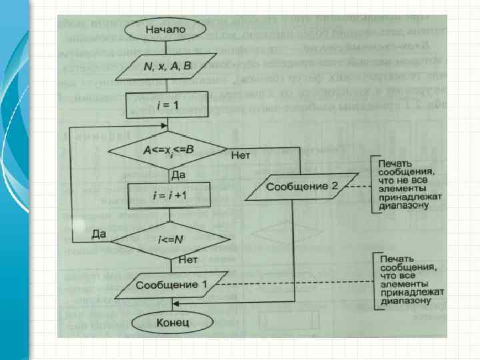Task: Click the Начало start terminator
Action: [167, 29]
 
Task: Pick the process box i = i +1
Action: [169, 196]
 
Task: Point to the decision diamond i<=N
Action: [169, 240]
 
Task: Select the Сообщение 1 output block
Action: [172, 285]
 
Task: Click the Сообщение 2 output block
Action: [301, 187]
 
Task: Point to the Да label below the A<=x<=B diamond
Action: [179, 175]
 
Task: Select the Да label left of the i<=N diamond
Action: [99, 233]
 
